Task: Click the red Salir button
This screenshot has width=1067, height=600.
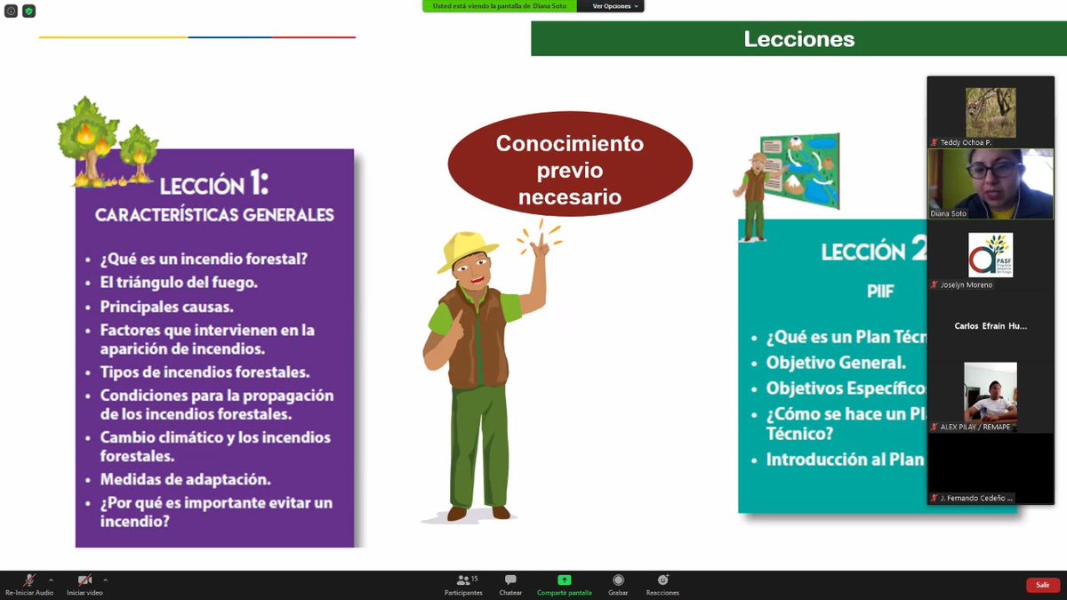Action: pos(1043,585)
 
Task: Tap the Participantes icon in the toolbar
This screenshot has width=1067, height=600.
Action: pos(463,580)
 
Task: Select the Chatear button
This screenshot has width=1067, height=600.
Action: pos(510,580)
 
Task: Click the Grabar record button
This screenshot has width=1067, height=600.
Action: pos(618,580)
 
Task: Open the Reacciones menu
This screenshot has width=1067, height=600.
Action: pos(662,580)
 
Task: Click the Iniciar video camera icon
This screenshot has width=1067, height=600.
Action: pos(84,580)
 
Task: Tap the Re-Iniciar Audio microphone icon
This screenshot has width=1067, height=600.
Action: pos(29,580)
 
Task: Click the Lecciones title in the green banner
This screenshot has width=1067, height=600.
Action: pos(798,39)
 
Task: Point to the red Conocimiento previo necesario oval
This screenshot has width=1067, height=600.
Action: pos(569,170)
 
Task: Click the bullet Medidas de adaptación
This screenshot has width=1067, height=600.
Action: pos(185,479)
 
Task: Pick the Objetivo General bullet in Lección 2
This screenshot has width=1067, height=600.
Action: pos(836,363)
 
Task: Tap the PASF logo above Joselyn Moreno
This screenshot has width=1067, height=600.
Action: pos(990,255)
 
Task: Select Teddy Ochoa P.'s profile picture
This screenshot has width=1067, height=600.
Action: pos(991,112)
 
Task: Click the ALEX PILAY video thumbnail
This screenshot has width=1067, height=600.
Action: pos(990,392)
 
